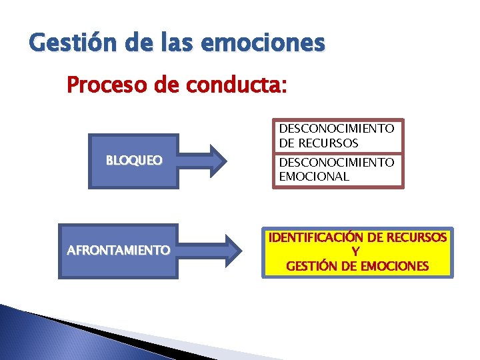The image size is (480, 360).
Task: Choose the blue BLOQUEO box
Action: pyautogui.click(x=134, y=161)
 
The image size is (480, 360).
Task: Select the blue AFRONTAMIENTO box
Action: pyautogui.click(x=118, y=251)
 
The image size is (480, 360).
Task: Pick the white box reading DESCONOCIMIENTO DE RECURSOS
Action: pyautogui.click(x=336, y=135)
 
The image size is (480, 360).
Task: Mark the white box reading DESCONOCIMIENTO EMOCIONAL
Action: pyautogui.click(x=336, y=169)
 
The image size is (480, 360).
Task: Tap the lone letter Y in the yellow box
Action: pyautogui.click(x=357, y=252)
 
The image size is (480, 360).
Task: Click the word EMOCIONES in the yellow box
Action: pyautogui.click(x=394, y=266)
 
